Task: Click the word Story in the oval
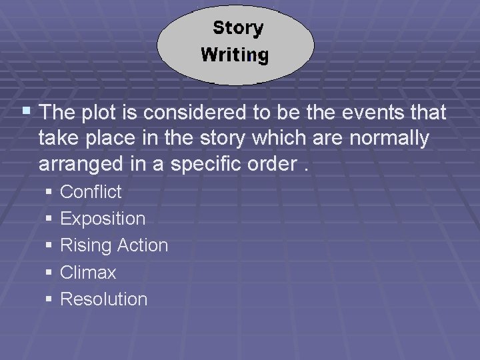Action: pyautogui.click(x=238, y=28)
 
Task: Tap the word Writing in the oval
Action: pyautogui.click(x=235, y=55)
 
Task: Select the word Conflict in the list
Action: pyautogui.click(x=91, y=192)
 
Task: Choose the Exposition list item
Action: pyautogui.click(x=102, y=219)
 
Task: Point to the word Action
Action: pyautogui.click(x=142, y=245)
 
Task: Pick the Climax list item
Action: pyautogui.click(x=88, y=273)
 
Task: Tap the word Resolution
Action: pyautogui.click(x=103, y=299)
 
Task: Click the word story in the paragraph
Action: pyautogui.click(x=229, y=139)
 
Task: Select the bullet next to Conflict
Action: pyautogui.click(x=49, y=192)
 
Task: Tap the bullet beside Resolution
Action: pyautogui.click(x=49, y=299)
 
